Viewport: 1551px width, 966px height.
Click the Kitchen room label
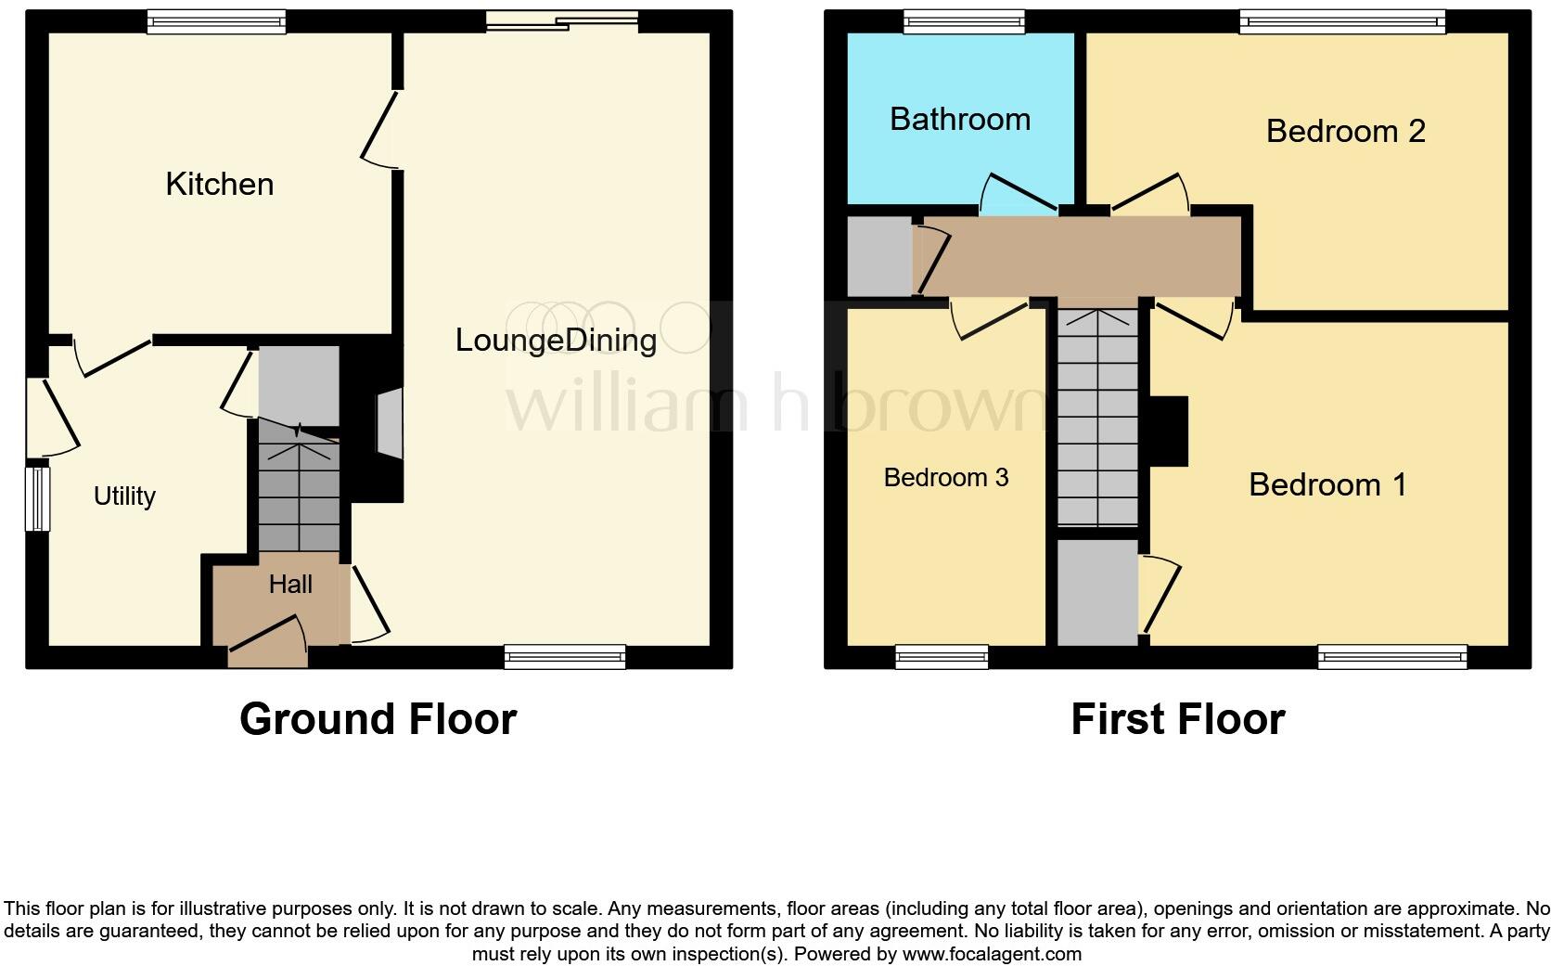tap(220, 184)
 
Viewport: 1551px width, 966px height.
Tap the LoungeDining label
tap(556, 340)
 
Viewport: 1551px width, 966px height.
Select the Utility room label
tap(124, 496)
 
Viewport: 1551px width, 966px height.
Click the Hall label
tap(290, 584)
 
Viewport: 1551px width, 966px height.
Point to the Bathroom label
tap(960, 119)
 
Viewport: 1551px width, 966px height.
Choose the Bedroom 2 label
tap(1345, 131)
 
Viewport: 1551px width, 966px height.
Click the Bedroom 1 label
tap(1327, 484)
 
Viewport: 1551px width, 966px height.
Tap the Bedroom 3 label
tap(945, 477)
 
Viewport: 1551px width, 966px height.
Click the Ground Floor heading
tap(378, 719)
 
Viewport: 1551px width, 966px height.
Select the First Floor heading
tap(1177, 719)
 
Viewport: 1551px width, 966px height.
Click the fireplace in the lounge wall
tap(389, 424)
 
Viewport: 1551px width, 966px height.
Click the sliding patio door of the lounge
tap(562, 21)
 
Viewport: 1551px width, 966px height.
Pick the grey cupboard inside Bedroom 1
tap(1097, 592)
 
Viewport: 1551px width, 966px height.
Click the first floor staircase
tap(1097, 418)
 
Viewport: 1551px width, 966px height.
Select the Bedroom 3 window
tap(942, 657)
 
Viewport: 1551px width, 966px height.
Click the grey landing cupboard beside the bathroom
tap(880, 256)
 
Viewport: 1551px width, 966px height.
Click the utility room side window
tap(37, 497)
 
